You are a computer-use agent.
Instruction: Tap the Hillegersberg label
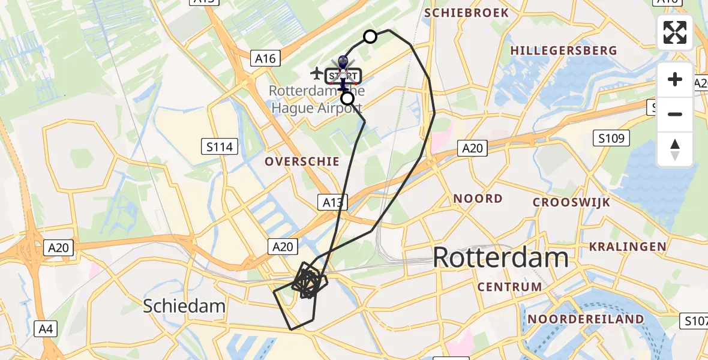(563, 50)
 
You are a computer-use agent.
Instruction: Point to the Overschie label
(302, 161)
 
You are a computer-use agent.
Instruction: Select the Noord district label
(478, 199)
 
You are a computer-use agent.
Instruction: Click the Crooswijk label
(571, 202)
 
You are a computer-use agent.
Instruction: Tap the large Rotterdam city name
(500, 257)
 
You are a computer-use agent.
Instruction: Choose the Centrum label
(509, 287)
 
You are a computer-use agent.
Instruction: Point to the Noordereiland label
(584, 319)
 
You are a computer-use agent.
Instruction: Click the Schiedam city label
(184, 306)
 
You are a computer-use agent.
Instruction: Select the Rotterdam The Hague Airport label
(316, 100)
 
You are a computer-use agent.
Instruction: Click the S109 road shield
(611, 139)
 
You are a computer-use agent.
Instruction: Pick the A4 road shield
(46, 328)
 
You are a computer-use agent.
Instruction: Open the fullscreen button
(675, 32)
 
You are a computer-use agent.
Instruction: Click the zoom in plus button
(675, 79)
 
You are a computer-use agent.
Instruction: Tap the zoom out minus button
(675, 114)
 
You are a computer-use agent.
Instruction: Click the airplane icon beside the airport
(316, 73)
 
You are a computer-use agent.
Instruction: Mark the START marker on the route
(344, 76)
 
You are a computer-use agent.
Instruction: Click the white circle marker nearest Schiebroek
(370, 37)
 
